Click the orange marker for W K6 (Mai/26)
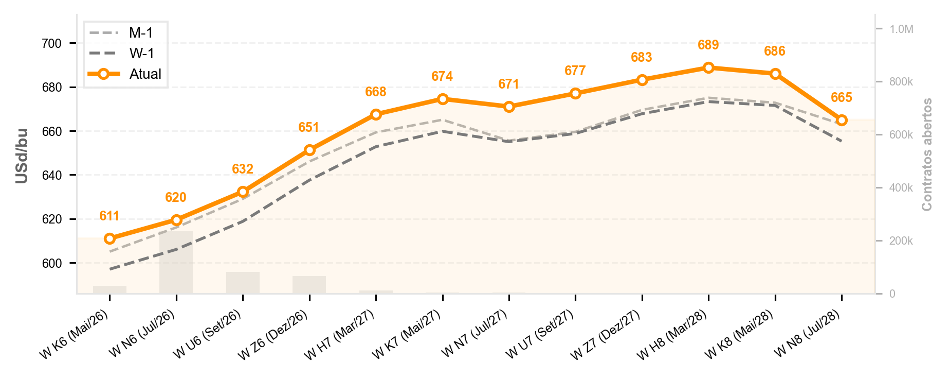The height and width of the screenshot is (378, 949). point(109,238)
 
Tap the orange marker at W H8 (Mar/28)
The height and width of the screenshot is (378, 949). point(708,67)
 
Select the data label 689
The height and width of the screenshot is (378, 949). point(708,45)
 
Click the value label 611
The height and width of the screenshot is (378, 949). point(109,216)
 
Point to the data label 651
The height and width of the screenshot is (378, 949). point(309,128)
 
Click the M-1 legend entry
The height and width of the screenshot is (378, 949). point(121,33)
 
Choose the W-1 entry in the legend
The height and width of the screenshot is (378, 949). point(121,54)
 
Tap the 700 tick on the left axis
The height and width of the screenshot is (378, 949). point(51,44)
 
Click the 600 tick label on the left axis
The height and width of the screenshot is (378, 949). point(51,264)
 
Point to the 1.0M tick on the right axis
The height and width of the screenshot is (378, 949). point(902,29)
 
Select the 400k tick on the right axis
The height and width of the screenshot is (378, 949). point(901,188)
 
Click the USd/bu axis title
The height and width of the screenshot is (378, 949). point(22,155)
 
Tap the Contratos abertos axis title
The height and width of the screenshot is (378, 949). point(927,154)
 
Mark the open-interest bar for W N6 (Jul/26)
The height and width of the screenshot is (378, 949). point(176,262)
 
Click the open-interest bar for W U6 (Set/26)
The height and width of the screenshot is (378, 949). point(243,283)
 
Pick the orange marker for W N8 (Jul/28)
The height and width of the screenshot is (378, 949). point(842,121)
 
